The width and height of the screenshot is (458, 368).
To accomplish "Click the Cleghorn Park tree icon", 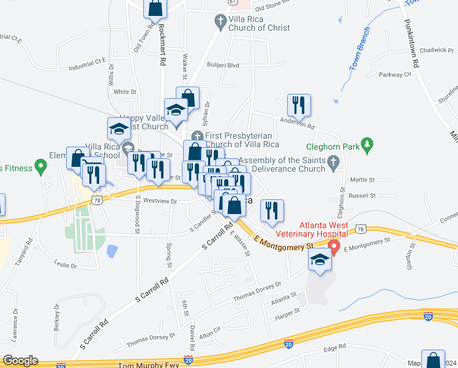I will pyautogui.click(x=367, y=145).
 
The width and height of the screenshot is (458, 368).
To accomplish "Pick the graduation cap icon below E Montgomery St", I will pyautogui.click(x=319, y=260).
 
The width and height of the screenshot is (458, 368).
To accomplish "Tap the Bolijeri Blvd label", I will pyautogui.click(x=221, y=65).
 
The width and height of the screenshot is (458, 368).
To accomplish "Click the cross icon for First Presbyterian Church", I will pyautogui.click(x=197, y=136).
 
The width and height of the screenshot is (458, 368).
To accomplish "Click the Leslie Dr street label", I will pyautogui.click(x=66, y=266).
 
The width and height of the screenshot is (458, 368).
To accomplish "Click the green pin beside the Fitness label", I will pyautogui.click(x=40, y=165).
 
